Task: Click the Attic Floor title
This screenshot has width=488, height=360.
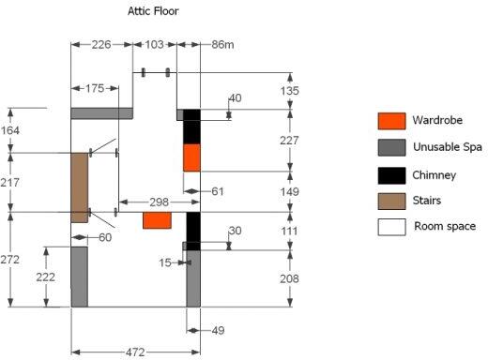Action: click(x=153, y=11)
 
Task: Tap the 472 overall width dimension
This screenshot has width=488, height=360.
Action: click(x=135, y=352)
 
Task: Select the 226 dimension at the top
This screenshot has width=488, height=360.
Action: click(x=101, y=45)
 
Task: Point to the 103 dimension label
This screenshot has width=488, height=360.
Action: click(x=155, y=45)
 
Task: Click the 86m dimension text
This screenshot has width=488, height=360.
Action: click(x=222, y=45)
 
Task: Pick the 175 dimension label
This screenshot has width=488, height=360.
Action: click(x=95, y=88)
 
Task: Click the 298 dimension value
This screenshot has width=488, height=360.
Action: click(x=160, y=202)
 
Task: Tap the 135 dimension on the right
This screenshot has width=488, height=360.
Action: click(x=290, y=91)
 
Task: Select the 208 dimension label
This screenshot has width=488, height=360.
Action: click(x=289, y=278)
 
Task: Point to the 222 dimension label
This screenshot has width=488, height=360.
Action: click(x=45, y=277)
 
